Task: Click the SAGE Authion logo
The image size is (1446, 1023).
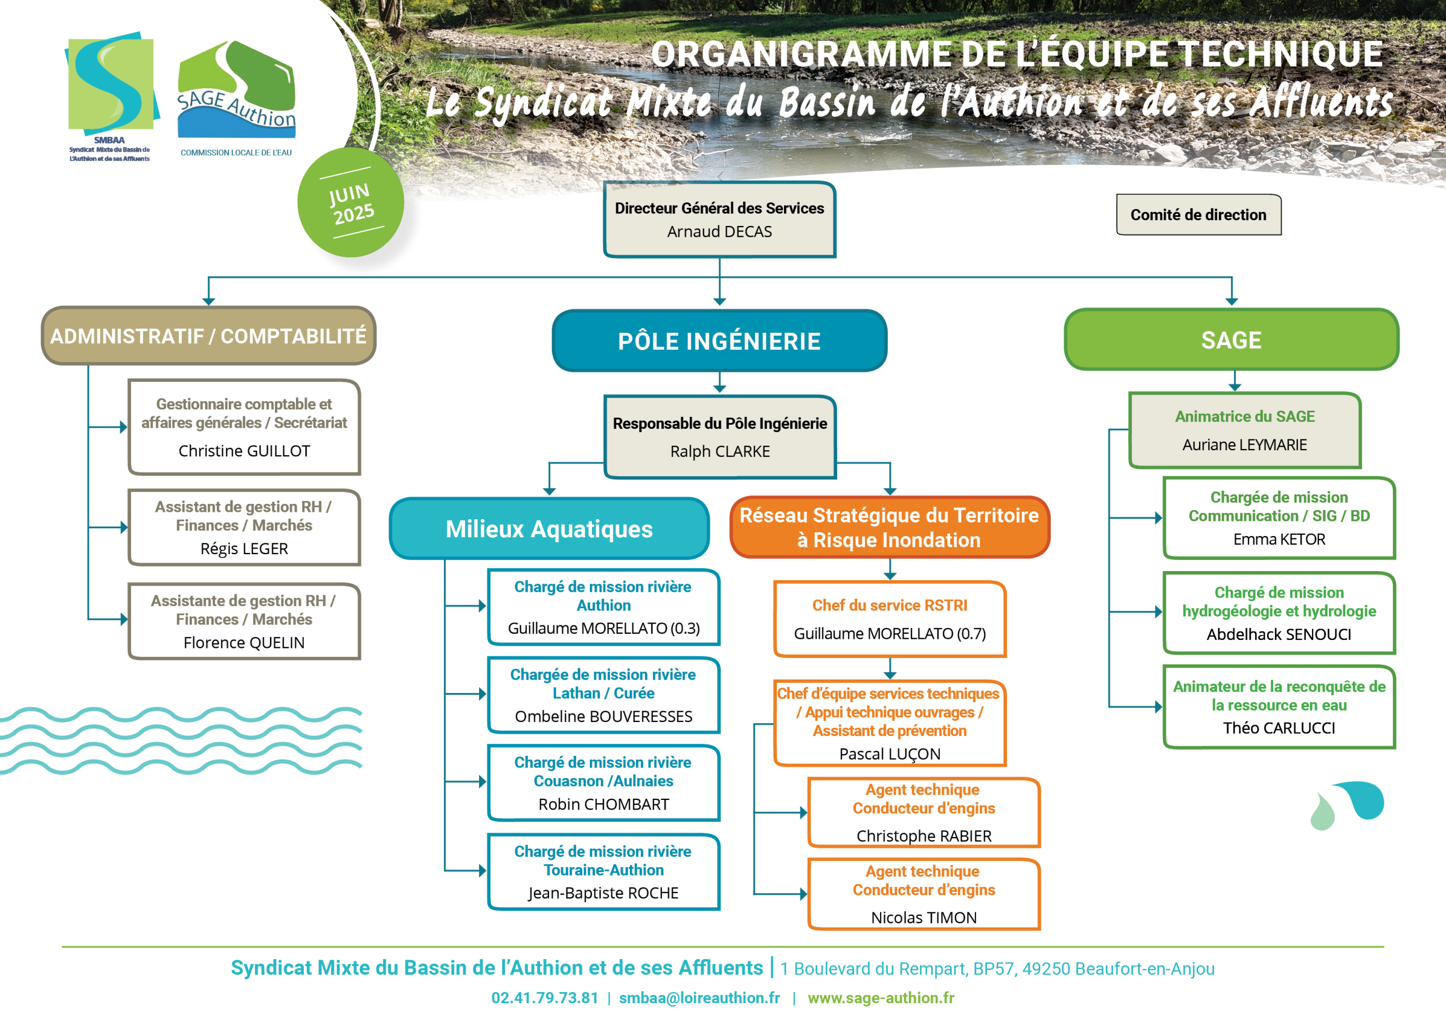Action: tap(236, 98)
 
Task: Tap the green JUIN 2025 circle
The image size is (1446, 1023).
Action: tap(351, 202)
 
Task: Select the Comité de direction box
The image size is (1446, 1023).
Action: tap(1199, 215)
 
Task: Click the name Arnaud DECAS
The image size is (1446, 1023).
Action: tap(719, 232)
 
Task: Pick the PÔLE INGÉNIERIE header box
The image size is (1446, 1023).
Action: tap(719, 340)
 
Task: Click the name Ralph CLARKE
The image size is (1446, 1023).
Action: tap(720, 452)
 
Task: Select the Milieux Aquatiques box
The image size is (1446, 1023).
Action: tap(549, 529)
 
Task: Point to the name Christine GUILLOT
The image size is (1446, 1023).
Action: tap(245, 451)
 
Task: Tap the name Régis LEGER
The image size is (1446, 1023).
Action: tap(245, 548)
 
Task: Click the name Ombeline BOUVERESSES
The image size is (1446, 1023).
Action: tap(603, 716)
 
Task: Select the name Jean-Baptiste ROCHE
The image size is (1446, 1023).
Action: tap(603, 893)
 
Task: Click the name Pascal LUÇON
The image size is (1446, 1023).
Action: tap(890, 754)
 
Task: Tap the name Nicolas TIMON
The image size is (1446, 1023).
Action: tap(924, 918)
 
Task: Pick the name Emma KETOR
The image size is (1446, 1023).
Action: tap(1279, 539)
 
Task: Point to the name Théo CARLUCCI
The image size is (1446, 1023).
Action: tap(1279, 728)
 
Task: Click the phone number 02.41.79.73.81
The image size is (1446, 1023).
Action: tap(545, 998)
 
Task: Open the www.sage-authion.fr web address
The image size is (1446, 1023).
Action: tap(881, 998)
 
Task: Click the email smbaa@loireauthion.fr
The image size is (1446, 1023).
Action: tap(699, 998)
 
